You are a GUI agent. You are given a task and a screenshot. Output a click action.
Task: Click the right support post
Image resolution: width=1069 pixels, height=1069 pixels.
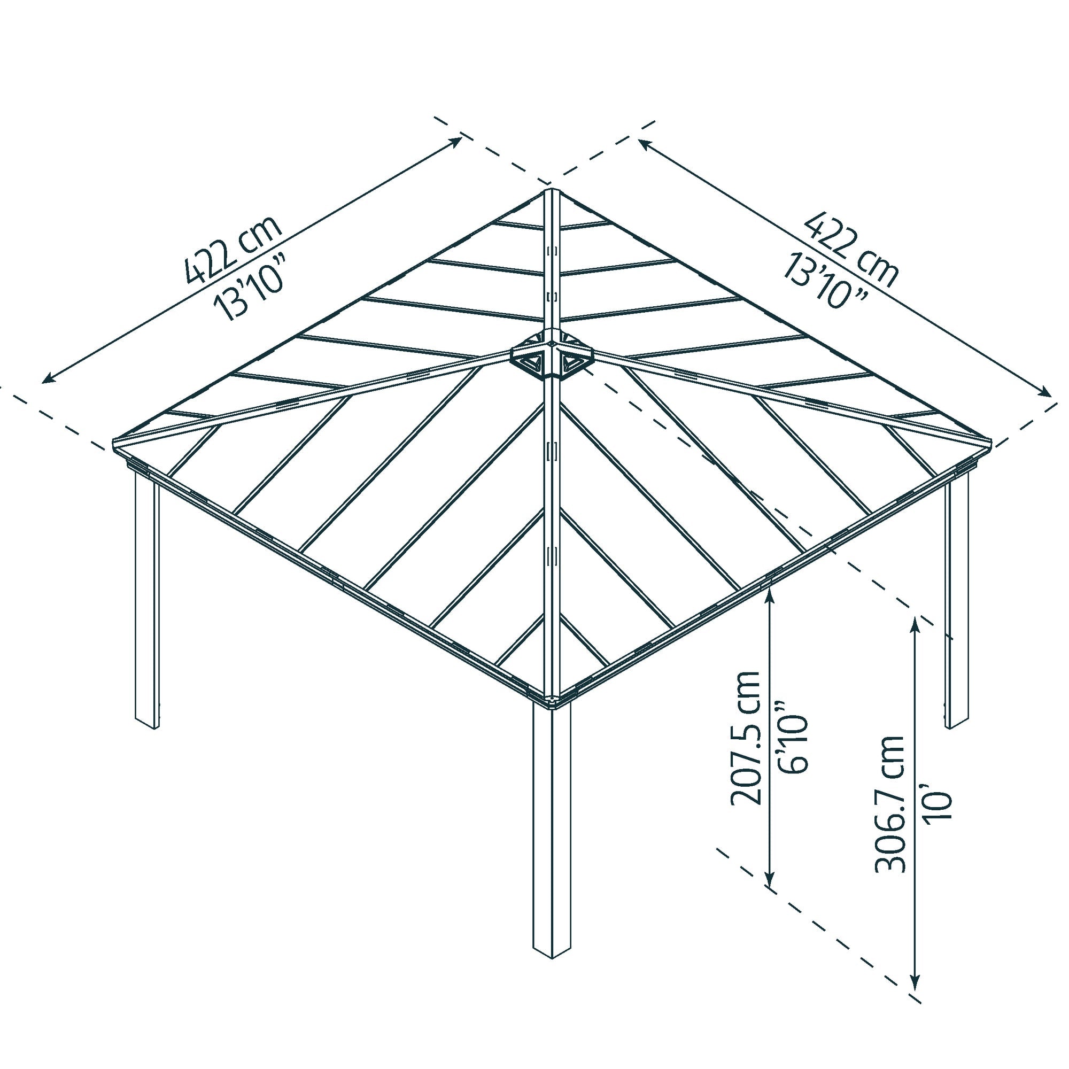[957, 603]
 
